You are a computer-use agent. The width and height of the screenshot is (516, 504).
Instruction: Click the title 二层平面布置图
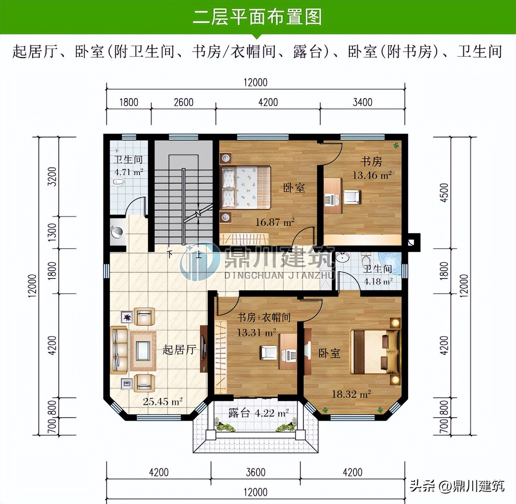(257, 17)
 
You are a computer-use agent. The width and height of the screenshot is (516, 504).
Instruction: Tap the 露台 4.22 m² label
(258, 413)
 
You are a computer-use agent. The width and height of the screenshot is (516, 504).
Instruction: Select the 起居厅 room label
(179, 350)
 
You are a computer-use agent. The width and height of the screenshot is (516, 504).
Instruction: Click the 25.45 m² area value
(162, 402)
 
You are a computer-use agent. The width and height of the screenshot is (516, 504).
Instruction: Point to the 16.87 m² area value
(275, 222)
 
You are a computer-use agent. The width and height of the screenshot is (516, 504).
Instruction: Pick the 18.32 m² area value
(351, 394)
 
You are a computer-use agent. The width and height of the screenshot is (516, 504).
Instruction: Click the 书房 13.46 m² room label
(371, 168)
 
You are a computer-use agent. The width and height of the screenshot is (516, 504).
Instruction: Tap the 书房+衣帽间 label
(264, 318)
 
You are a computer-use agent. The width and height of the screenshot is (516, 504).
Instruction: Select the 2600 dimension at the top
(183, 102)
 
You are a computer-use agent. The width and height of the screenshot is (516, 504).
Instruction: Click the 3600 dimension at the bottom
(255, 472)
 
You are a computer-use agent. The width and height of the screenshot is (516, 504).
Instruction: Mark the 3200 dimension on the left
(52, 177)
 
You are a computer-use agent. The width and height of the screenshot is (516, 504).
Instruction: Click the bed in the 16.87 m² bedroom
(246, 187)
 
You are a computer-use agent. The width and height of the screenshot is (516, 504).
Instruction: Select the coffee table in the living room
(143, 350)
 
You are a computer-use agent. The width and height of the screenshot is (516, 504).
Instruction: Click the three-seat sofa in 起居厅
(119, 350)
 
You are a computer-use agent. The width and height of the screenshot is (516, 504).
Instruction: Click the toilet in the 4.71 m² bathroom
(119, 183)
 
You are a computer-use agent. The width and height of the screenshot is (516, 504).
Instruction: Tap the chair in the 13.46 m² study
(352, 197)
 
